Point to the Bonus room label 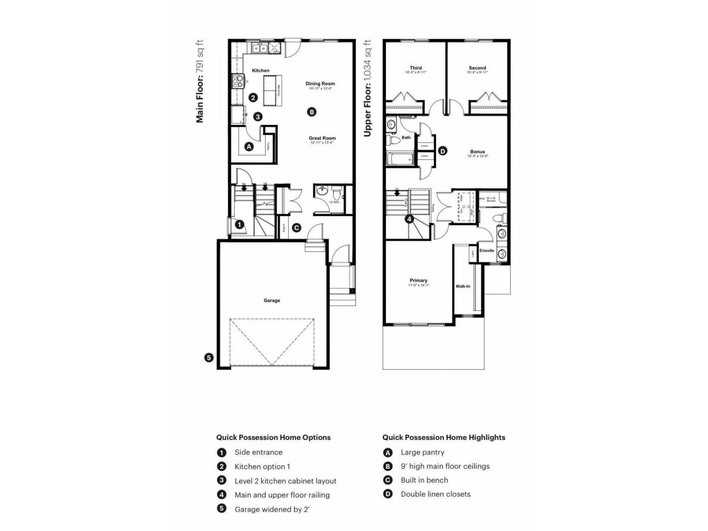(477, 152)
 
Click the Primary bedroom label (418, 280)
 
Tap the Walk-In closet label (463, 286)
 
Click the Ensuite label (487, 251)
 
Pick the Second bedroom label (477, 68)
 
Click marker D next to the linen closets (442, 151)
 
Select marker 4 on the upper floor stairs (409, 219)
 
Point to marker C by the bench (296, 228)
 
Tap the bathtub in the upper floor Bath (400, 159)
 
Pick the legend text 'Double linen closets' (435, 494)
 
